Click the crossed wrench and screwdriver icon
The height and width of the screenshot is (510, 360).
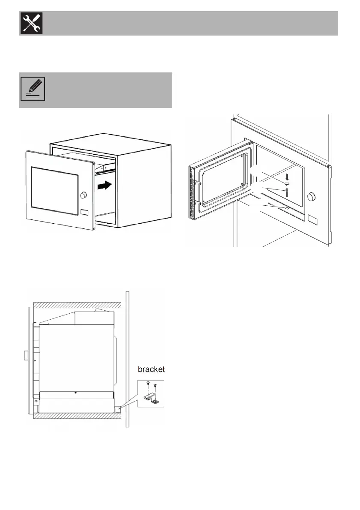tap(31, 24)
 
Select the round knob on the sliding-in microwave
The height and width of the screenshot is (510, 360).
tap(83, 195)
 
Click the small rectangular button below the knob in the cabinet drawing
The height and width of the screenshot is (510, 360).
tap(85, 212)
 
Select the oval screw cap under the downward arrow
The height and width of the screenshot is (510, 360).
tap(286, 183)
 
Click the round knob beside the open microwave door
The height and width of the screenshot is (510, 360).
tap(312, 197)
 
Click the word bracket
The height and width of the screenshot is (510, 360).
tap(151, 370)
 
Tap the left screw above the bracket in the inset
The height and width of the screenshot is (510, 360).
tap(148, 384)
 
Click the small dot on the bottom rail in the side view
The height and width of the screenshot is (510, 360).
tap(75, 393)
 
